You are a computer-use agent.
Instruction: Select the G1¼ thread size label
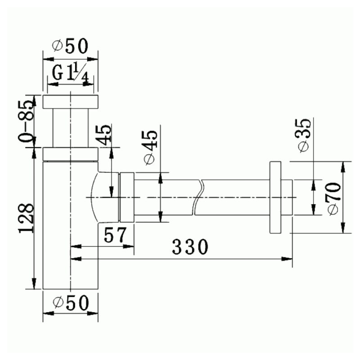pyautogui.click(x=71, y=73)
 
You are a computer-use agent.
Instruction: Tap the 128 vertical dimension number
pyautogui.click(x=27, y=218)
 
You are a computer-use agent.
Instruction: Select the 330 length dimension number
pyautogui.click(x=190, y=247)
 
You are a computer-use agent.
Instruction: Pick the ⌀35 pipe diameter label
pyautogui.click(x=305, y=135)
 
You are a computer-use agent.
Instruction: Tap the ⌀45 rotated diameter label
pyautogui.click(x=150, y=148)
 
